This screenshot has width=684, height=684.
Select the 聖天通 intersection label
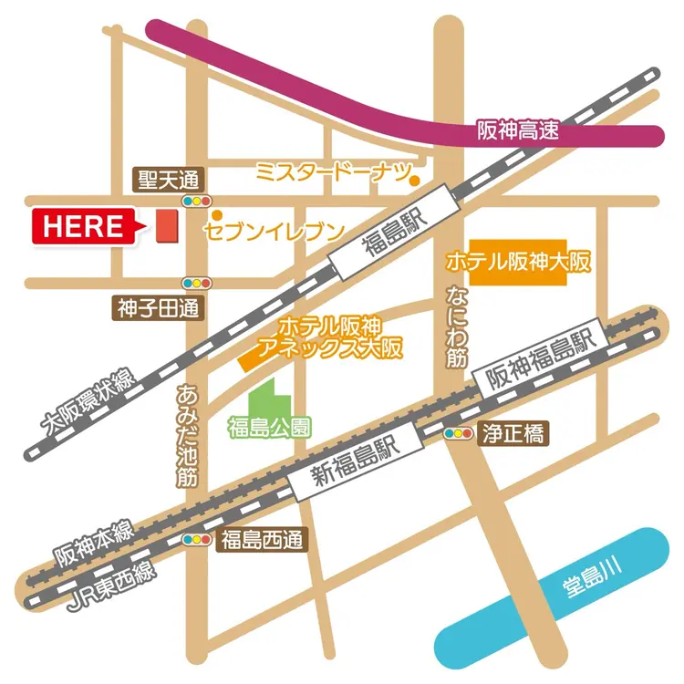(x=169, y=180)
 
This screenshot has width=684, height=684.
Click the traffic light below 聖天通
(x=197, y=201)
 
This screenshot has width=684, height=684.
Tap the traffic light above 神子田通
(x=197, y=283)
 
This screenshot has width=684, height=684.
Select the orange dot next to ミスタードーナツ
(x=414, y=181)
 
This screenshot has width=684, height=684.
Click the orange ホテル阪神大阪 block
(x=518, y=263)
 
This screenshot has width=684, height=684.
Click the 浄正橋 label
(x=514, y=434)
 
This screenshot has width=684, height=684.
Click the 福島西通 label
(x=262, y=540)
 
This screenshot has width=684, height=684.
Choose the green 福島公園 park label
(x=270, y=426)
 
